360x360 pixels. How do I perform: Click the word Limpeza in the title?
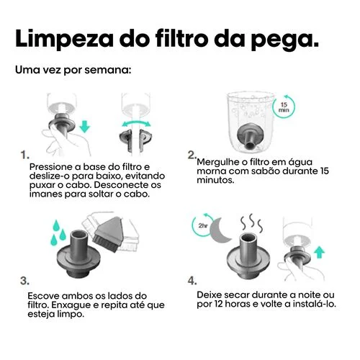point(64,39)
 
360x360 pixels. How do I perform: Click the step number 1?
point(24,156)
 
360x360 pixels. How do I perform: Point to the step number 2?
point(192,155)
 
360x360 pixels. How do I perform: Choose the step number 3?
point(24,281)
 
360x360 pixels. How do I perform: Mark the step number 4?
point(192,281)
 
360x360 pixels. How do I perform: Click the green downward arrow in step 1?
point(84,127)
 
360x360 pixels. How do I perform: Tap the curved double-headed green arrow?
point(136,122)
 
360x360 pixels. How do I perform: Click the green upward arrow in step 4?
point(319,253)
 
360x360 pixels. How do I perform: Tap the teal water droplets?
point(58,233)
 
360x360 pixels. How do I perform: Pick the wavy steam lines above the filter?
point(252,222)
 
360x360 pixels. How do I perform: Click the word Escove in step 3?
point(41,296)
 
